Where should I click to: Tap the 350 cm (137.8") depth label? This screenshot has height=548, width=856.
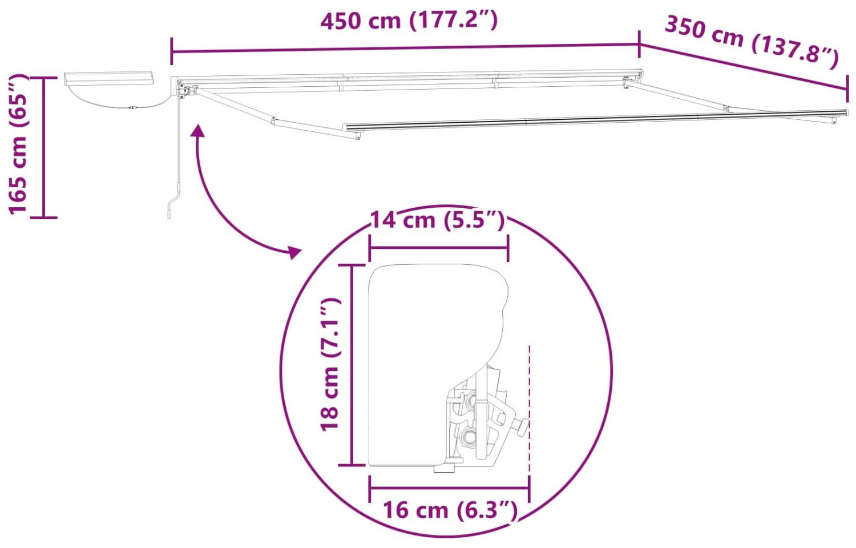(x=752, y=42)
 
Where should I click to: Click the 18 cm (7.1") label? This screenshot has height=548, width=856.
(x=330, y=365)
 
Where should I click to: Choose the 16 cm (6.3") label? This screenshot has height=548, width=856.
(x=450, y=510)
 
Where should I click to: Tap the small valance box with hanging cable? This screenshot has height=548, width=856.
(x=108, y=78)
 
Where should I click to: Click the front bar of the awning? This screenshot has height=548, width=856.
(x=594, y=120)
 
